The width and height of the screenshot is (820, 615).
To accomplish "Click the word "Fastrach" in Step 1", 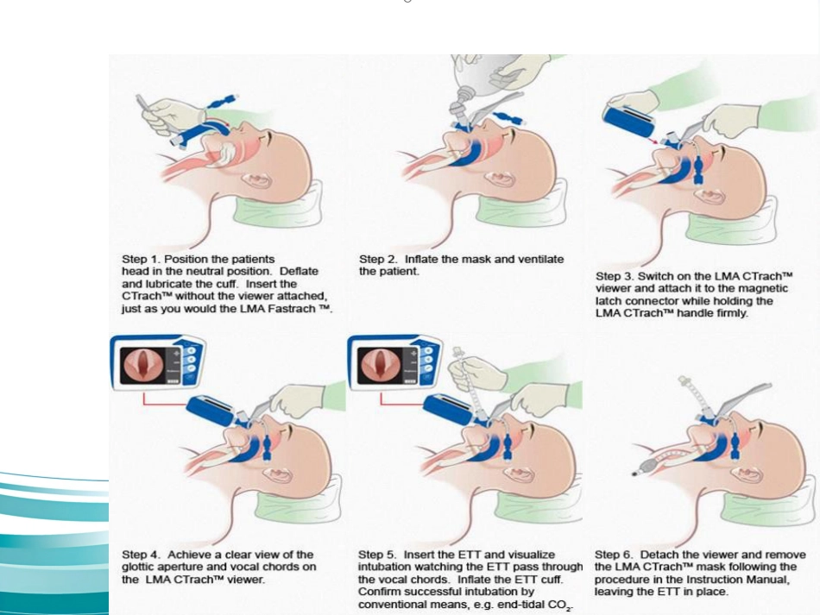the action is point(292,308).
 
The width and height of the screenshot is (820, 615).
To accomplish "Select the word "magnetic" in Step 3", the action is point(764,288).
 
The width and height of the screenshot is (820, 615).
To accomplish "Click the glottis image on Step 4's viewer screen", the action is point(142,365).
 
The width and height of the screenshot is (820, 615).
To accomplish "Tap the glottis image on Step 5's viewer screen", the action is point(380,365).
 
